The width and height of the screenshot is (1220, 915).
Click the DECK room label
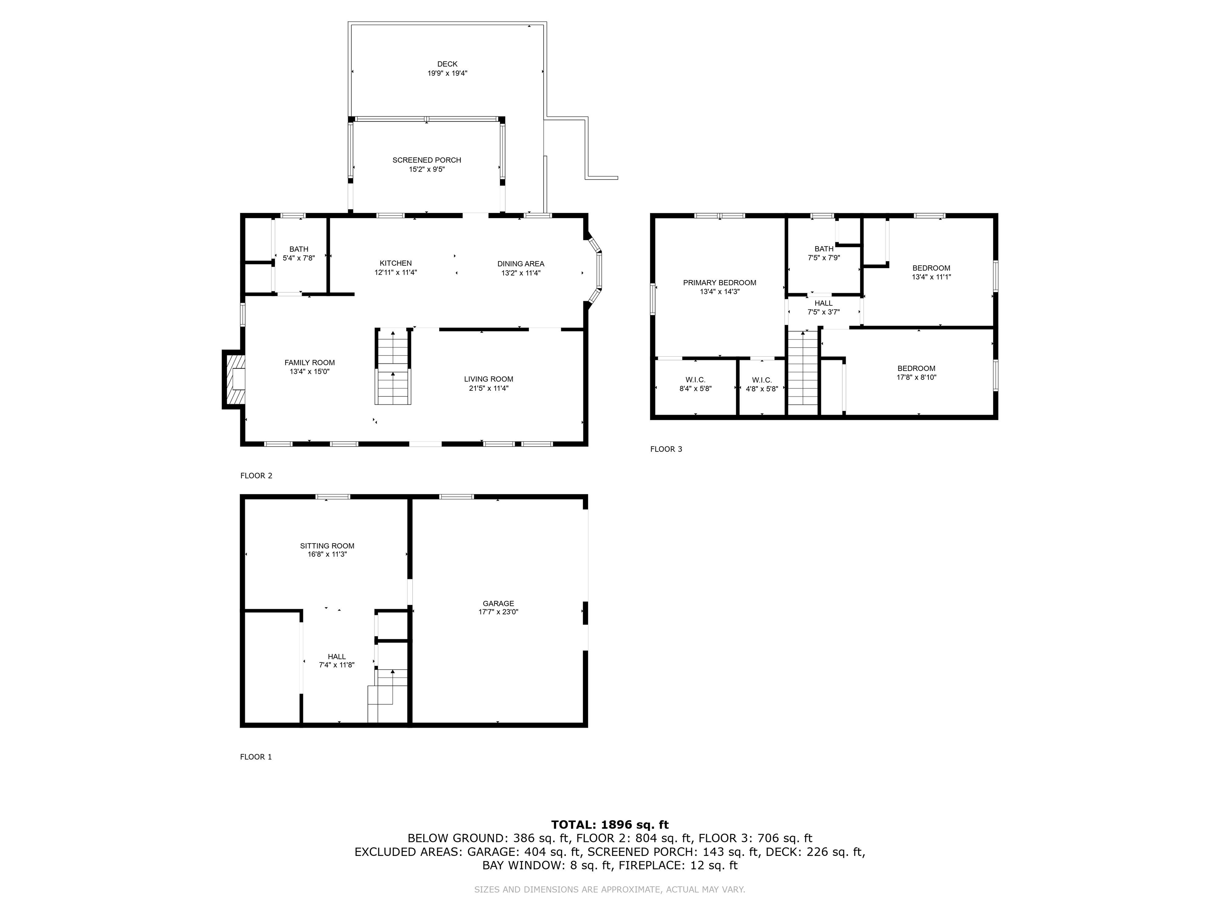[447, 64]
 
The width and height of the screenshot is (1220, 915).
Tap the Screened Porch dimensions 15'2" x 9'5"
[427, 169]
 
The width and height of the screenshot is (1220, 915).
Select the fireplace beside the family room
[236, 379]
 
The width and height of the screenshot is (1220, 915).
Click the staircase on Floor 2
[393, 367]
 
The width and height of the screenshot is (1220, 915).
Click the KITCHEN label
[396, 263]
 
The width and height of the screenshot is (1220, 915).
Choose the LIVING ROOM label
[488, 379]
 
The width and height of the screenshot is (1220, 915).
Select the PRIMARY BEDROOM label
[719, 282]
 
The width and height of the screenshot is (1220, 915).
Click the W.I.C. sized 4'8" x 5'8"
[762, 384]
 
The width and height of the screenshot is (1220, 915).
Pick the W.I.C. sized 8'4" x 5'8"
[695, 384]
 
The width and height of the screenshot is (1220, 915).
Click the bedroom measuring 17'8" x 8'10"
[916, 373]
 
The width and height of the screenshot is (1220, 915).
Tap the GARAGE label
[498, 603]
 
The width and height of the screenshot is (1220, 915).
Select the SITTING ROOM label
[327, 546]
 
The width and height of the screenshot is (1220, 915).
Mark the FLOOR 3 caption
[666, 449]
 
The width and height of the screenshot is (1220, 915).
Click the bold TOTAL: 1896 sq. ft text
[610, 824]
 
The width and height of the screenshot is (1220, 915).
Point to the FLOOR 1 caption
[255, 757]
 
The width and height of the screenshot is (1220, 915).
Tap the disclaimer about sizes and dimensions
[610, 889]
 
